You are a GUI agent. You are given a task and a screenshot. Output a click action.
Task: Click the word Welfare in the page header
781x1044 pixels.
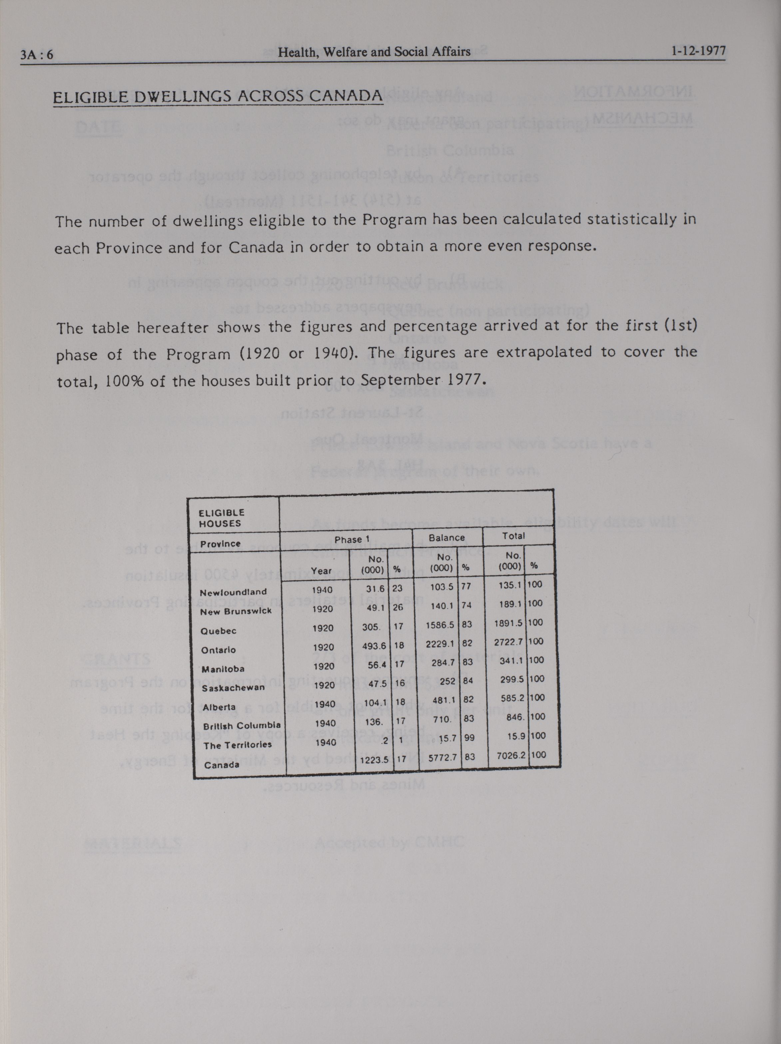click(342, 52)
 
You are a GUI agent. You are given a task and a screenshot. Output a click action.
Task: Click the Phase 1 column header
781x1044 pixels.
click(352, 539)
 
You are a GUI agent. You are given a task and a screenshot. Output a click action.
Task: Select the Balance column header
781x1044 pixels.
click(446, 538)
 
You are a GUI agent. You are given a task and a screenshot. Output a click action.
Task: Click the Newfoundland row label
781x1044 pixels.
click(233, 592)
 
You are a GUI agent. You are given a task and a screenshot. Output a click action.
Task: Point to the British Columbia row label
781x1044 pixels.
click(242, 725)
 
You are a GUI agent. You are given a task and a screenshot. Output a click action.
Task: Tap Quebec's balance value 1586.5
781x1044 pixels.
click(440, 625)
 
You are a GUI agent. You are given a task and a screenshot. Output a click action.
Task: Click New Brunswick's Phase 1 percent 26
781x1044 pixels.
click(398, 608)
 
